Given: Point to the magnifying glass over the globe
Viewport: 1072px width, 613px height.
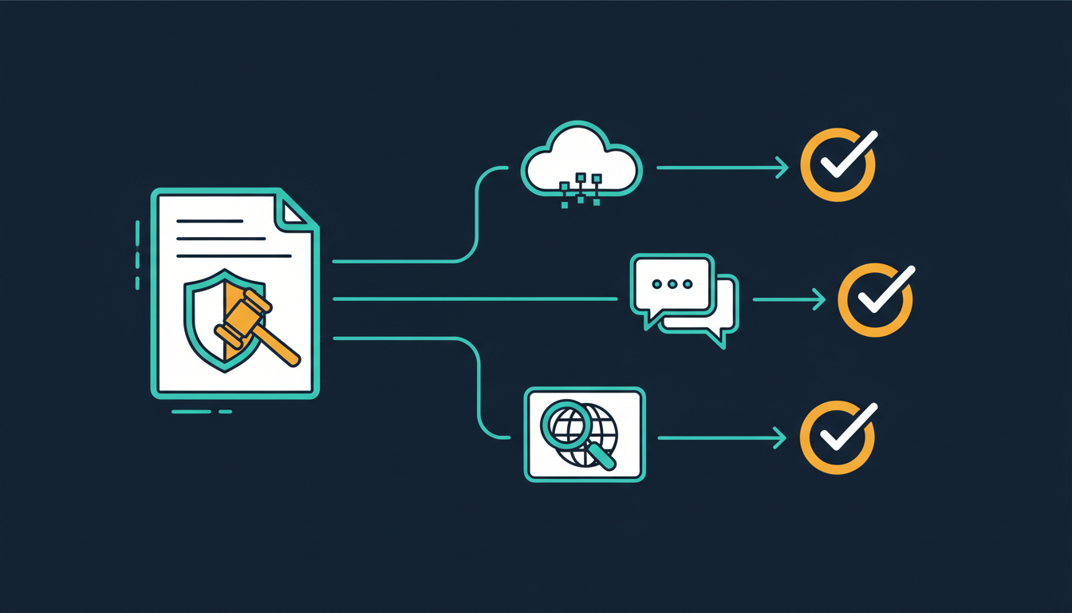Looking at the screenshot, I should tap(568, 424).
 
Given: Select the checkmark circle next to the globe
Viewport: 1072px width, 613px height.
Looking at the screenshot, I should tap(837, 437).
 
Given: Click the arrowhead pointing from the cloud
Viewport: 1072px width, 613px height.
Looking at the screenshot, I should tap(782, 168).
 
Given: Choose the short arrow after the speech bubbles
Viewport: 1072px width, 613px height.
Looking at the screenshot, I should tap(789, 299).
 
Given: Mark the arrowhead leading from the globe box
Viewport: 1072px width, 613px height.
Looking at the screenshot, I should tap(780, 437).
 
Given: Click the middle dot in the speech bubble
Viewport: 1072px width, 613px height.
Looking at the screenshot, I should tap(671, 284).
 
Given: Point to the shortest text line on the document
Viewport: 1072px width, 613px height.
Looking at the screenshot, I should tap(209, 221).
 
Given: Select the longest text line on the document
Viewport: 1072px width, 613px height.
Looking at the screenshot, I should tap(234, 256).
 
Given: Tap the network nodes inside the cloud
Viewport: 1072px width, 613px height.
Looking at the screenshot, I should tap(581, 188).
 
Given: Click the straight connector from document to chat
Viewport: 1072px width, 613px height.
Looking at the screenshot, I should tap(475, 299).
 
